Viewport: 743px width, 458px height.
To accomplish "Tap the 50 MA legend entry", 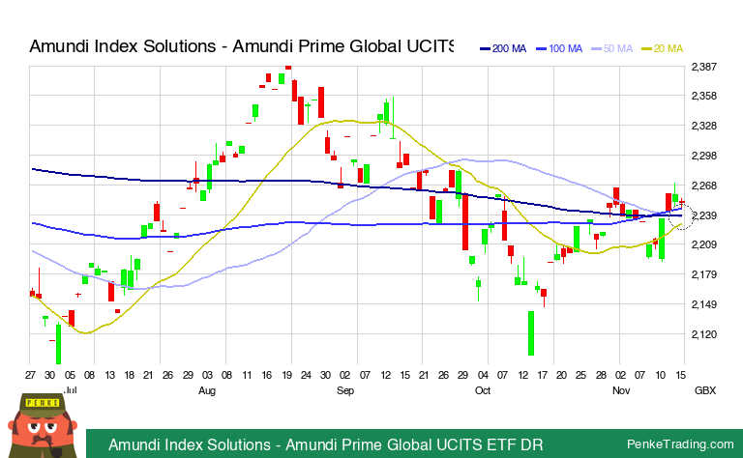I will [x=618, y=48].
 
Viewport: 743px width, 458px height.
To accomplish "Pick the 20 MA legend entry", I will [x=669, y=48].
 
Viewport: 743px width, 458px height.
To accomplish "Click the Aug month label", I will [x=206, y=392].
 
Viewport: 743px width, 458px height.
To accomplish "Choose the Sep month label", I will [x=345, y=392].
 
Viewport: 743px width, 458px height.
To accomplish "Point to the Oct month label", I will [x=483, y=392].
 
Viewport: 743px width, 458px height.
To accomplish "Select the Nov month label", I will [x=623, y=392].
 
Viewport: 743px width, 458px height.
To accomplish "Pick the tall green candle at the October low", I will [x=531, y=333].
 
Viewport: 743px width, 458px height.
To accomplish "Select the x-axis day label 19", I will [x=288, y=374].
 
